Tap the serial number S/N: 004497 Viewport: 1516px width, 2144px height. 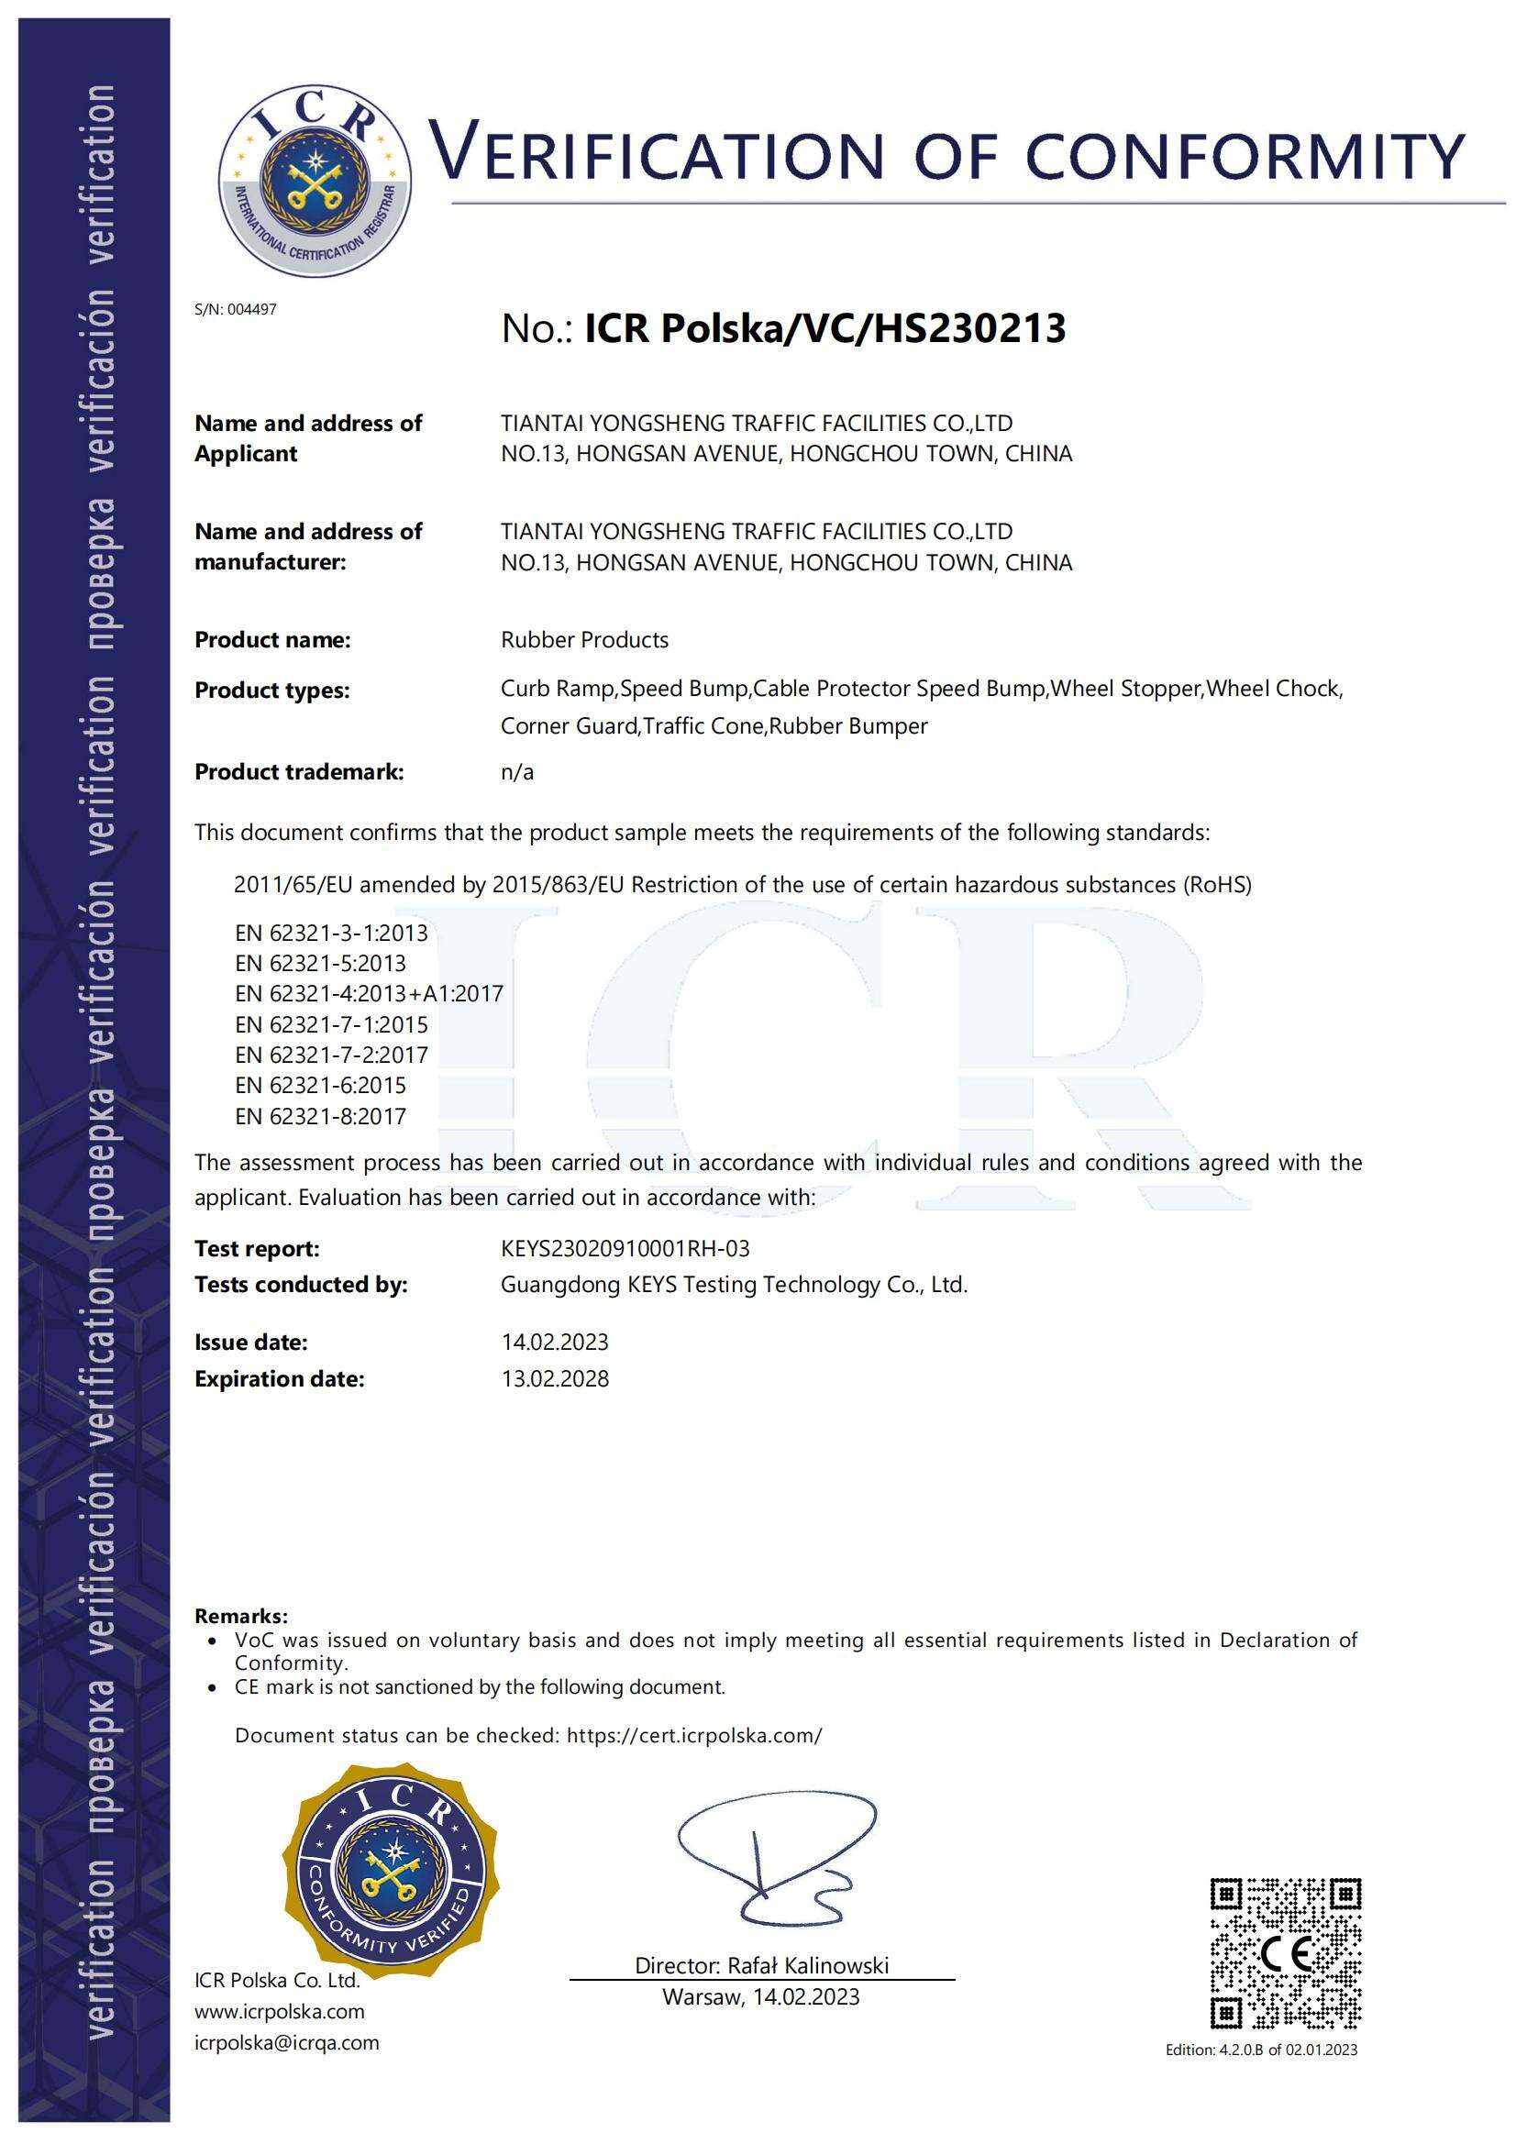236,310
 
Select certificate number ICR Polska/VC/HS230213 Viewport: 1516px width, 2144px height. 824,328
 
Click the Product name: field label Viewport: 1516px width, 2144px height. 271,640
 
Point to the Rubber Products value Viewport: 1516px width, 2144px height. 585,640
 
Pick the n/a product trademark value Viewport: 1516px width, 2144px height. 517,772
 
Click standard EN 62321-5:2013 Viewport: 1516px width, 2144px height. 320,963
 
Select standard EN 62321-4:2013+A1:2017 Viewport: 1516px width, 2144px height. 369,993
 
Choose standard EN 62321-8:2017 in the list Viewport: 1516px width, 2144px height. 320,1116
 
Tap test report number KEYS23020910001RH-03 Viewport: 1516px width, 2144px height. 625,1248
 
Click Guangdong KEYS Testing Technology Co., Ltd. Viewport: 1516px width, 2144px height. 735,1285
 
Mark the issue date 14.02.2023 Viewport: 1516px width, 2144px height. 555,1343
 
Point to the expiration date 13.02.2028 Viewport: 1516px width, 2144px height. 555,1379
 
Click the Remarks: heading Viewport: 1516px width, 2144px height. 241,1617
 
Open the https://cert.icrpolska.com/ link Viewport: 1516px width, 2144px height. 695,1736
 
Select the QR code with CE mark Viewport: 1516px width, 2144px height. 1285,1952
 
